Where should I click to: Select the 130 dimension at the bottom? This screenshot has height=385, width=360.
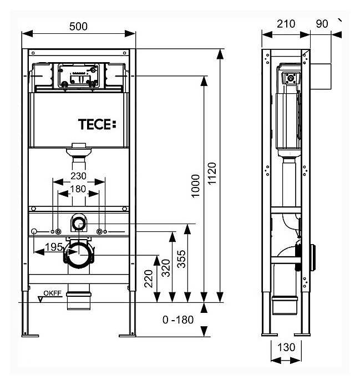tap(286, 348)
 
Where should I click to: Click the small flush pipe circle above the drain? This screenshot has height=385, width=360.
tap(79, 224)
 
